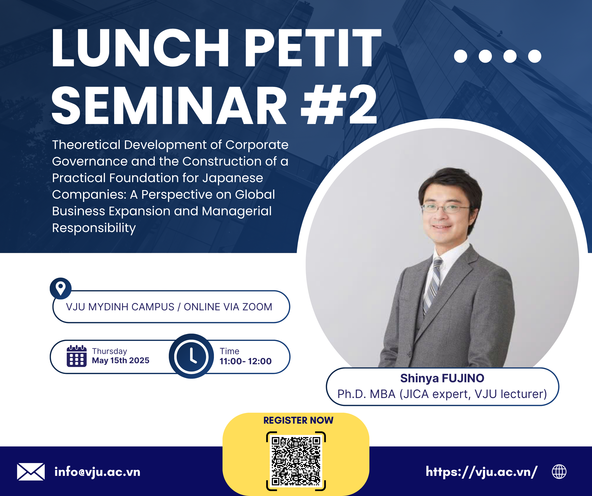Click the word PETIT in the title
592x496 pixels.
[313, 48]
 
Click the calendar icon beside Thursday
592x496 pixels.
[77, 356]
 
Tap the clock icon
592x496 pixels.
[191, 356]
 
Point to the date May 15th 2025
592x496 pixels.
[121, 360]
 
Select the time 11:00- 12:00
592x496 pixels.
[246, 361]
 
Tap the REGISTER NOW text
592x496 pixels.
[298, 420]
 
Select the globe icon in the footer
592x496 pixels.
[559, 472]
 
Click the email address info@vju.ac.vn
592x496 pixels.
[97, 472]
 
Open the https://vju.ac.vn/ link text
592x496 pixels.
[482, 472]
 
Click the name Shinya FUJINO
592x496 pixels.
[442, 378]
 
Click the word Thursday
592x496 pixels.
[109, 351]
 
